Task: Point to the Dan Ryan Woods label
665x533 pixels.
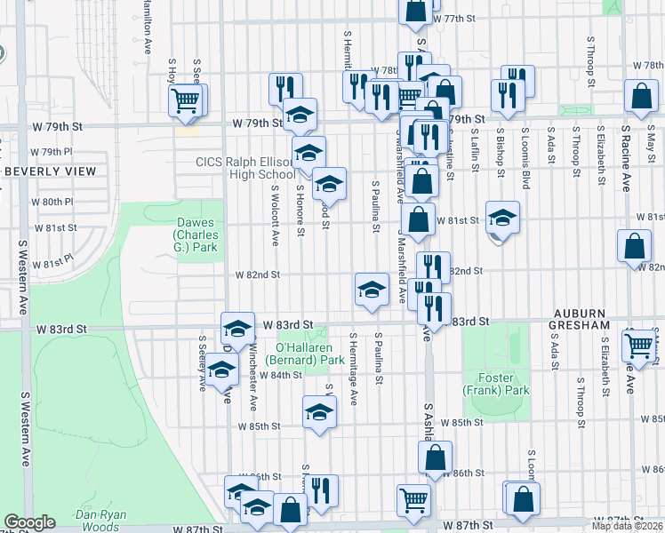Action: (x=100, y=521)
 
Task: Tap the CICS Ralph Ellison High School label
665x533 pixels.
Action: (x=245, y=168)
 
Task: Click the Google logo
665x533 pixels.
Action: (x=29, y=522)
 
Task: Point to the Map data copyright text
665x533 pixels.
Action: (x=628, y=525)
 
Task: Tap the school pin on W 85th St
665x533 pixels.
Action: (x=319, y=412)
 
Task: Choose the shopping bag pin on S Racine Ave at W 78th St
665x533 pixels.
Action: (x=640, y=97)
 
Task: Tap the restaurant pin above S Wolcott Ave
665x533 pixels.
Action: (x=282, y=88)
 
